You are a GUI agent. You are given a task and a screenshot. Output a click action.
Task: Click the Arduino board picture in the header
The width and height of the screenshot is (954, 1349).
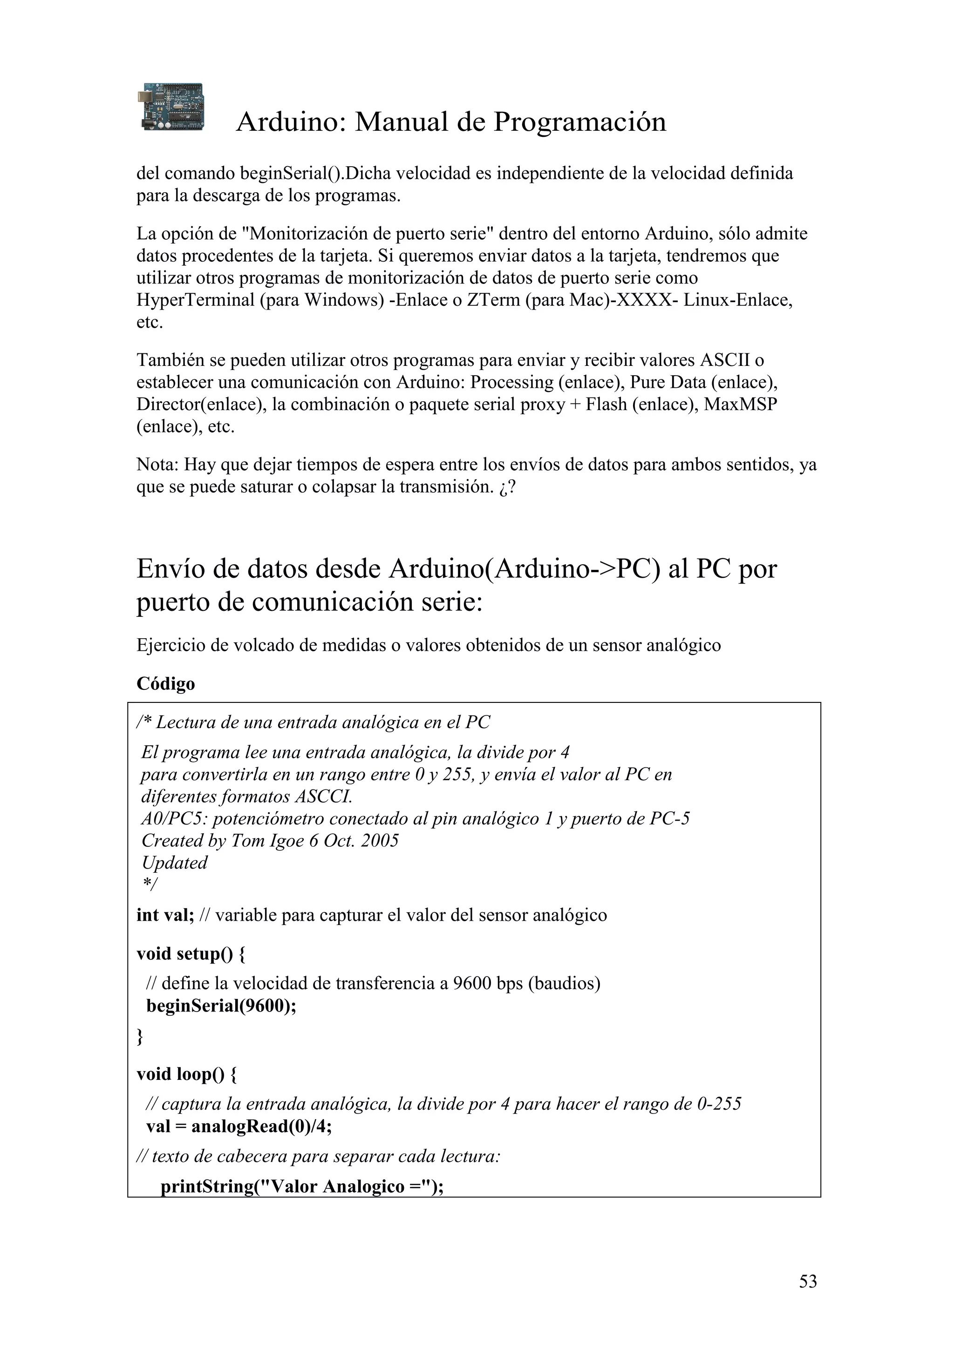173,106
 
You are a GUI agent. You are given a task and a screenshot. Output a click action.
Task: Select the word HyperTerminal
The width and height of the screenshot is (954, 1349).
195,300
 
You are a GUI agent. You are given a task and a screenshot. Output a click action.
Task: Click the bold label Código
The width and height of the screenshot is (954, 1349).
166,684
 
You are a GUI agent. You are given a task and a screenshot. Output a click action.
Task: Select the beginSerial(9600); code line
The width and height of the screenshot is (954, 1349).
221,1006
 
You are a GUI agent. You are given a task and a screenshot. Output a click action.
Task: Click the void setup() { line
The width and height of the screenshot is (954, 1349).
191,954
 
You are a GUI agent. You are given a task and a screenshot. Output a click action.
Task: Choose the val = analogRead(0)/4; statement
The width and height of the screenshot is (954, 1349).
238,1126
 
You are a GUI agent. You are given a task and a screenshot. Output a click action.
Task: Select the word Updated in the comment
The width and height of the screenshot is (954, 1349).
175,863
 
